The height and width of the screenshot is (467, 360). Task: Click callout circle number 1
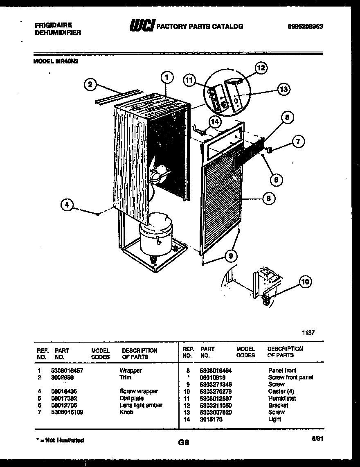coord(166,77)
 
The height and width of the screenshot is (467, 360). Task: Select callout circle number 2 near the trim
coord(90,85)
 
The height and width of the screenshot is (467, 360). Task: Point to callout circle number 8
coord(268,199)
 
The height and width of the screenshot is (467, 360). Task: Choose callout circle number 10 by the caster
coord(305,281)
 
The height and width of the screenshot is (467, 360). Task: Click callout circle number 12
coord(261,68)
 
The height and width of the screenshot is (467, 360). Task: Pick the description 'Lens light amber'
coord(141,405)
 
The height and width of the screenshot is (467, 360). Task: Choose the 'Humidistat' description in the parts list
coord(282,398)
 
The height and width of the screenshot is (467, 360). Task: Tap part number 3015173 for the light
coord(211,419)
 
